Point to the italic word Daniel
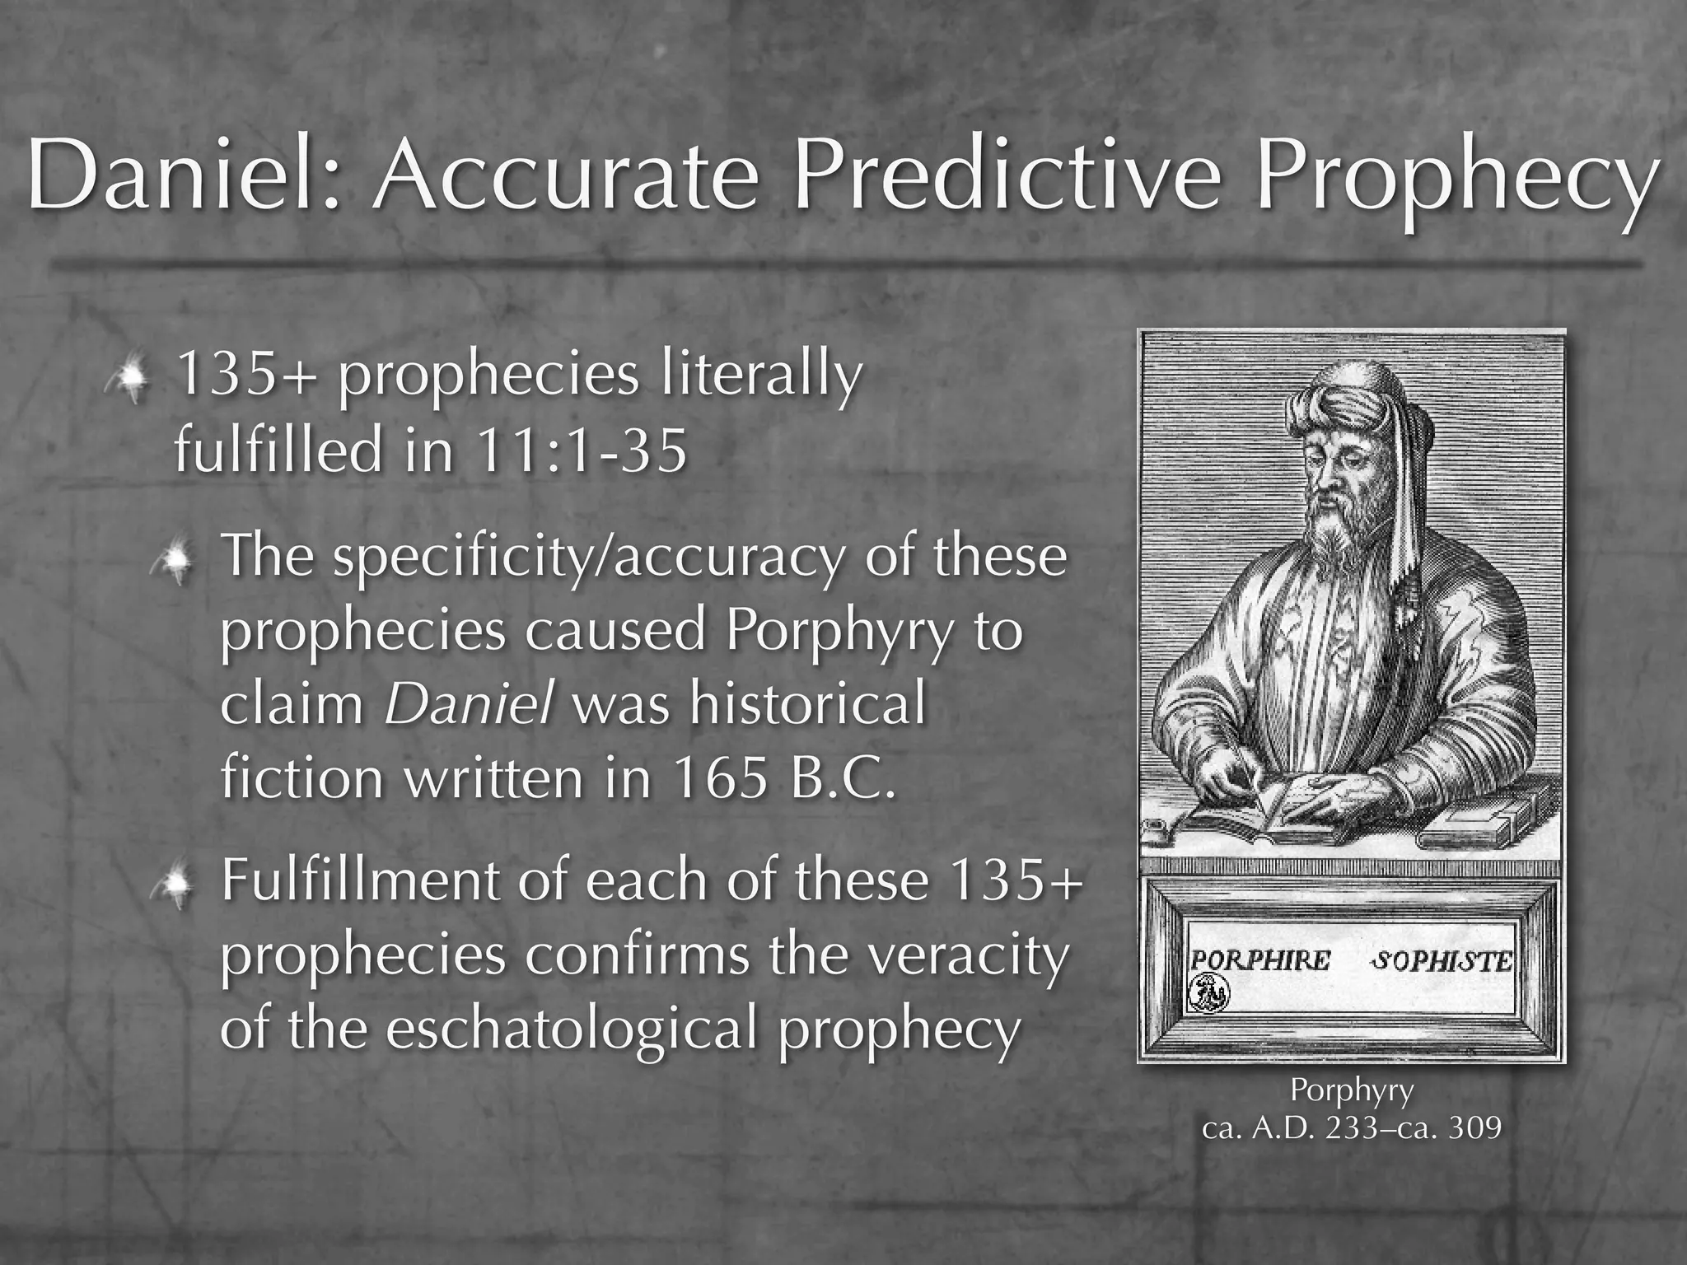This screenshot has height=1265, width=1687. coord(468,705)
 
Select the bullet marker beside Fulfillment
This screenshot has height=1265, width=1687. coord(175,885)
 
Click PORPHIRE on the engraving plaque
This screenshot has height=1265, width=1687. coord(1260,960)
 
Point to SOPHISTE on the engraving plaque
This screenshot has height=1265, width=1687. coord(1442,960)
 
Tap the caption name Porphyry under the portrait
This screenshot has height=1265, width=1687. coord(1351,1090)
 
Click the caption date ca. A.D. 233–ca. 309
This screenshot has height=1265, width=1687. coord(1351,1127)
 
